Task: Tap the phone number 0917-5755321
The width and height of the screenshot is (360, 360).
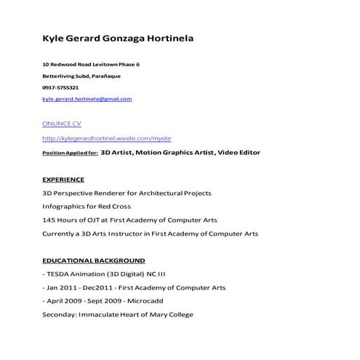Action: tap(60, 87)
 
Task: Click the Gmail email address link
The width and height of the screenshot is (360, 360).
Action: tap(87, 98)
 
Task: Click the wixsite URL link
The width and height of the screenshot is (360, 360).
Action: tap(107, 138)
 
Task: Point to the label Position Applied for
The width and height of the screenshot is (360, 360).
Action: tap(70, 153)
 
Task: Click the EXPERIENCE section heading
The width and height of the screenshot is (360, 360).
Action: tap(63, 179)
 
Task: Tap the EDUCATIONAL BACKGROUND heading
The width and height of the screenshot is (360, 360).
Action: tap(93, 260)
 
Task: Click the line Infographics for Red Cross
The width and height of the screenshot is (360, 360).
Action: tap(87, 206)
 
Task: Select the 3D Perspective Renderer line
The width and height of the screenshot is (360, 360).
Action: tap(127, 193)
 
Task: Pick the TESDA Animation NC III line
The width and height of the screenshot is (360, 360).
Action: tap(105, 274)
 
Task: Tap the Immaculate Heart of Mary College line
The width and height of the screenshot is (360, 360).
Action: tap(118, 315)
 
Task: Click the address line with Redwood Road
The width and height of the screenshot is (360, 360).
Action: tap(91, 65)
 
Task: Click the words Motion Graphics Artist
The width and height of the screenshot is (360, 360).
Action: tap(174, 153)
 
